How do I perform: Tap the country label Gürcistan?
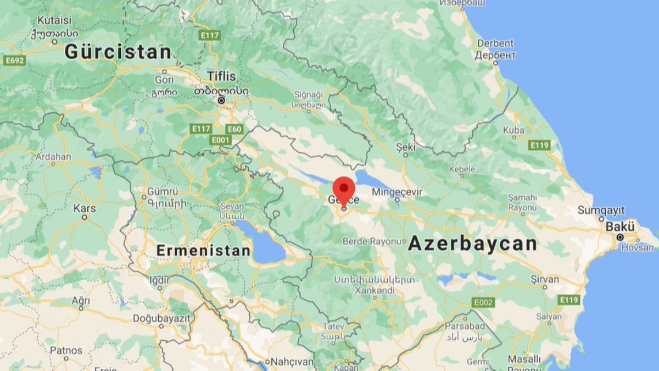(x=118, y=52)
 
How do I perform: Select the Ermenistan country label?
(x=203, y=251)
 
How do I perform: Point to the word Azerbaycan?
(x=472, y=243)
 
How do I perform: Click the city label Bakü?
(x=620, y=227)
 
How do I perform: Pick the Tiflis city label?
(x=221, y=76)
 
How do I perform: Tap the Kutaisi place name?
(x=54, y=20)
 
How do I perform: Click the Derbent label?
(x=495, y=43)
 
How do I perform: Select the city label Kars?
(x=85, y=208)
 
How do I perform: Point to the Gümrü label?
(x=163, y=192)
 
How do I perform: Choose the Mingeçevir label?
(x=397, y=192)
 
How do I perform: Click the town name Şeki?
(x=406, y=147)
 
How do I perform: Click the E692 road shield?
(x=14, y=60)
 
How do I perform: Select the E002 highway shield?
(x=483, y=302)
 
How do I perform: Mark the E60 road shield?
(x=234, y=129)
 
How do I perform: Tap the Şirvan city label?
(x=545, y=279)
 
